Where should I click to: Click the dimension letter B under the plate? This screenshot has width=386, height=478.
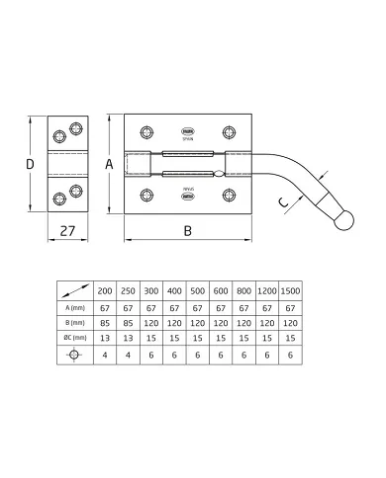tap(187, 235)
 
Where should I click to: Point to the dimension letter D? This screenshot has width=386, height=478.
tap(30, 164)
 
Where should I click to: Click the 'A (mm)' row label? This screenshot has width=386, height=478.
tap(74, 308)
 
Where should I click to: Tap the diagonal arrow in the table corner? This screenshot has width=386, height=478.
tap(74, 290)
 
